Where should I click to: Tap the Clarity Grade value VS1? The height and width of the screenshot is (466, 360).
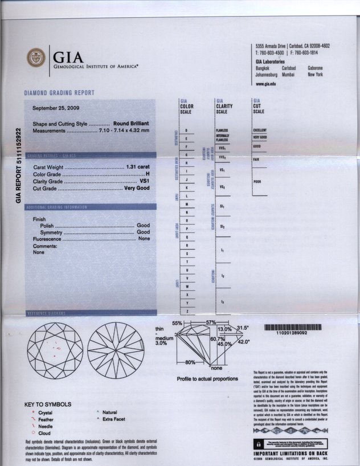point(144,181)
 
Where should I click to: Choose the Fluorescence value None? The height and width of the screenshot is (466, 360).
point(144,239)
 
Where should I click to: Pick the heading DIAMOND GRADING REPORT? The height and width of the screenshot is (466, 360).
point(59,93)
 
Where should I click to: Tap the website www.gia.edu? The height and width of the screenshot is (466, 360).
point(266,84)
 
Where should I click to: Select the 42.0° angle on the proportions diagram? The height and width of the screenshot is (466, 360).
point(244,342)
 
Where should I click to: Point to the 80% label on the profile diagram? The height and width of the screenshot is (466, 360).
point(190,363)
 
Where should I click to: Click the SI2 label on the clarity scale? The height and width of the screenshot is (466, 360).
point(222,227)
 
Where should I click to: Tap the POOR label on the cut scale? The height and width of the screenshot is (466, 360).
point(257,182)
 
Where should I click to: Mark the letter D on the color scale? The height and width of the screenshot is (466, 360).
point(186,131)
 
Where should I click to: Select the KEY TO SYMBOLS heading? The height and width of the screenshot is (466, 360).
point(48,404)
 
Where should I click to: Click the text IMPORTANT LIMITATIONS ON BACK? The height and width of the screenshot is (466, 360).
point(291,453)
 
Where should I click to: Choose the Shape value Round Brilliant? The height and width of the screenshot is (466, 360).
point(131,124)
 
